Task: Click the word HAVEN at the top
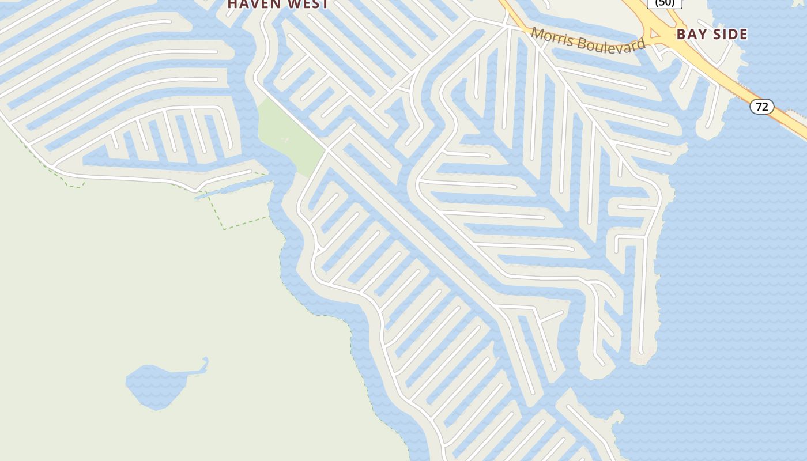click(x=254, y=4)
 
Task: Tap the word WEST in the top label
click(x=307, y=4)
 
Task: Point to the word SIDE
click(x=727, y=35)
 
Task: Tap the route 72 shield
click(x=761, y=107)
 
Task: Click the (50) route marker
click(x=665, y=3)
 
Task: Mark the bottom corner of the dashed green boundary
click(x=225, y=229)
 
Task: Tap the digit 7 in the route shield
click(x=758, y=107)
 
